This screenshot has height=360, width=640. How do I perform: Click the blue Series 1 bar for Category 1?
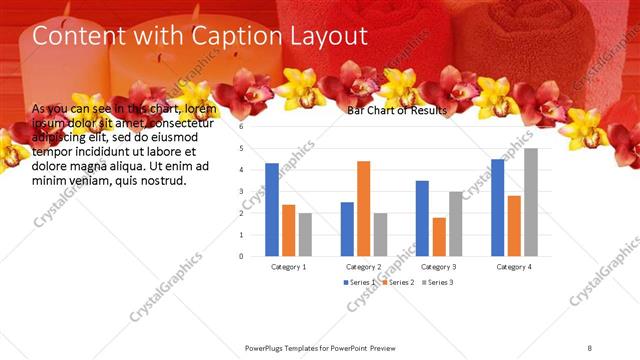pos(272,209)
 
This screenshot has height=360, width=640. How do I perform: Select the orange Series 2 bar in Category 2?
pos(363,208)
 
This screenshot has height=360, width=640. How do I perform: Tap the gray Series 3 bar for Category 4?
pos(530,202)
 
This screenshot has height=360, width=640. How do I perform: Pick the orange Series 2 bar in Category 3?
pos(439,236)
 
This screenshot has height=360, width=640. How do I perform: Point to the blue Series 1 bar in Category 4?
pos(497,207)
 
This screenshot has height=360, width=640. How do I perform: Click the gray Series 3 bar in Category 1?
pos(305,234)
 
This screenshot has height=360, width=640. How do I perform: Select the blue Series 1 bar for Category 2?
pos(347,228)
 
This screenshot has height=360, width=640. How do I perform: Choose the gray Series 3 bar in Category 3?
pos(455,223)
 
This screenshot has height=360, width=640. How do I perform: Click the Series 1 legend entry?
pos(360,283)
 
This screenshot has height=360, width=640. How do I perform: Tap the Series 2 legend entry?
pos(398,283)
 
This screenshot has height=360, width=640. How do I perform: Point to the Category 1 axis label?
pos(289,267)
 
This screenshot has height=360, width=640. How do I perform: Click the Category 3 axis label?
pos(439,267)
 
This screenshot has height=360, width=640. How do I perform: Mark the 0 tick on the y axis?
pos(241,255)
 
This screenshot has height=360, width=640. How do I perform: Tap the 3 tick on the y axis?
pos(241,191)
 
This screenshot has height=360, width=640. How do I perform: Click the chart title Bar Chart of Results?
pos(396,110)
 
